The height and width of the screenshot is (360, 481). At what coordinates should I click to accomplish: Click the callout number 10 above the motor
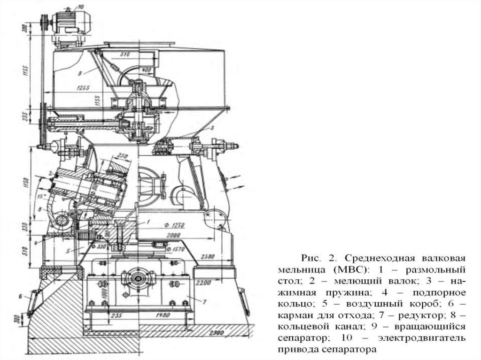[80, 7]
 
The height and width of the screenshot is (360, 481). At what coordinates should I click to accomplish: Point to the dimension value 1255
[82, 87]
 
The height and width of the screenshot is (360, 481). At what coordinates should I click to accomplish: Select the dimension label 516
[124, 55]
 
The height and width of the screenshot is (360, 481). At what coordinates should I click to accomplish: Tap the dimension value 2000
[174, 234]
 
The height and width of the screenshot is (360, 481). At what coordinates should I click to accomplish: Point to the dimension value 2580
[206, 257]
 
